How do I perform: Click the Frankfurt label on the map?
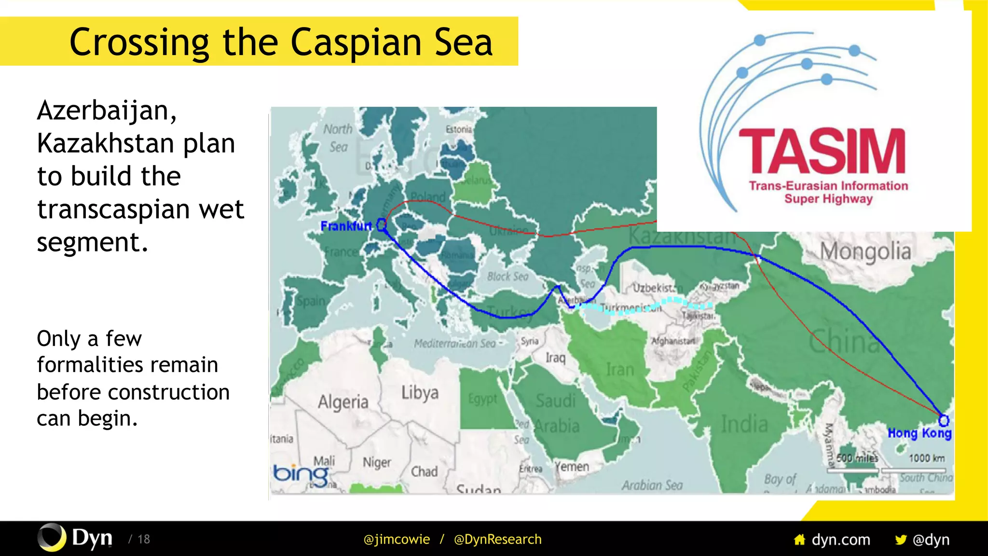click(x=346, y=226)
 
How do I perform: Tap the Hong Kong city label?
click(x=919, y=433)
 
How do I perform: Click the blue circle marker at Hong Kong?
click(x=944, y=420)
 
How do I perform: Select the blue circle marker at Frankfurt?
click(x=382, y=224)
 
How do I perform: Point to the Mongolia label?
click(x=865, y=251)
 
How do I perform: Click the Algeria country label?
click(x=343, y=402)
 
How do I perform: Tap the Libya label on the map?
click(x=420, y=393)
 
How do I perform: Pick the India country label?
click(x=744, y=424)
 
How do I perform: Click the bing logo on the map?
click(x=301, y=474)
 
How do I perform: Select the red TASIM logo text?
click(x=822, y=152)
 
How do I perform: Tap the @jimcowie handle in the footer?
click(x=397, y=539)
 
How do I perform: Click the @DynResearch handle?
click(x=497, y=539)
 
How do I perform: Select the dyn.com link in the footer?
click(x=841, y=540)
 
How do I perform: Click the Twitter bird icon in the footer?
click(x=900, y=540)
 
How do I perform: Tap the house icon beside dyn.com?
click(x=799, y=540)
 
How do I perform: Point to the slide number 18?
click(x=144, y=539)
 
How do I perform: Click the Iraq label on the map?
click(x=555, y=358)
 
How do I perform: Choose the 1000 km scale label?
click(x=927, y=458)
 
